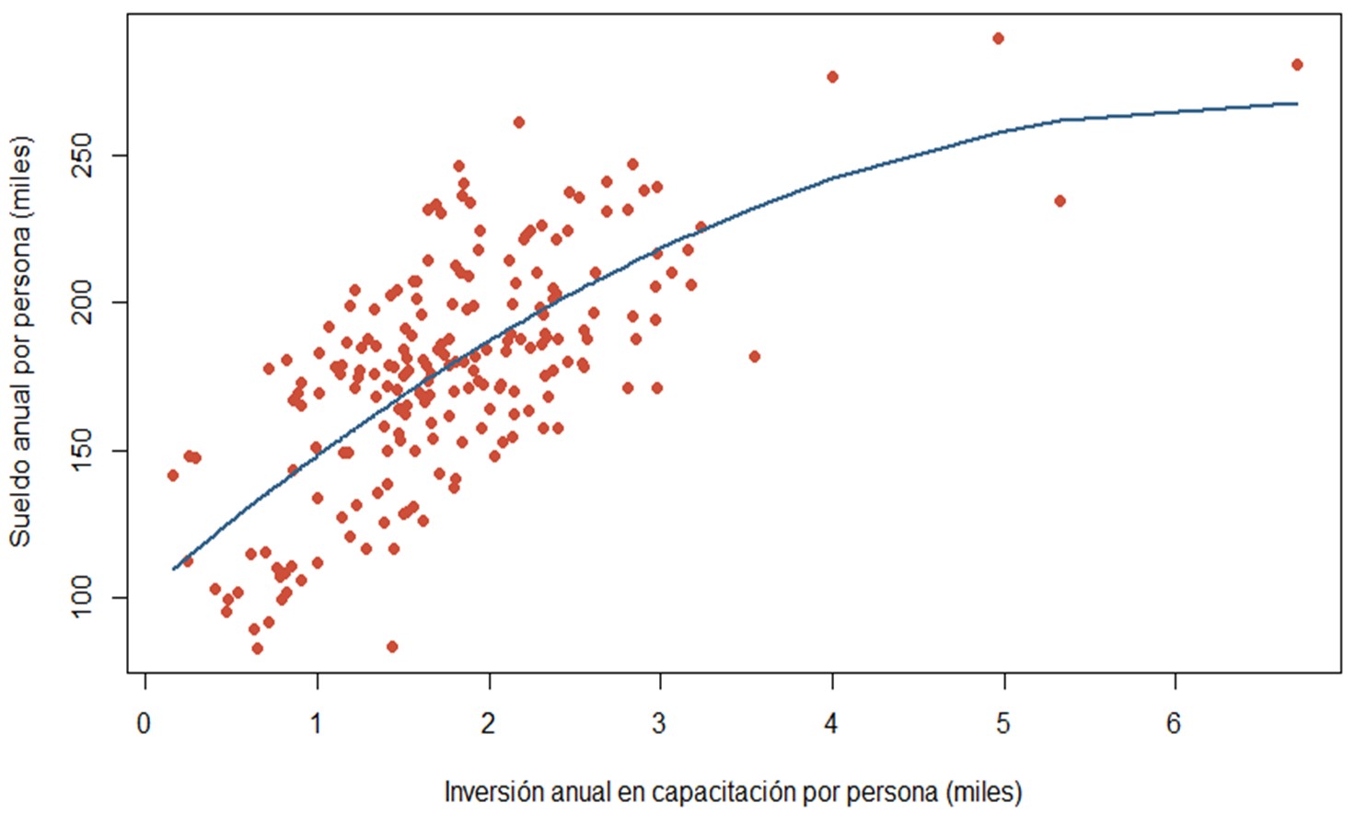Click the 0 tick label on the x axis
pyautogui.click(x=144, y=724)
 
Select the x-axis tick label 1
pyautogui.click(x=316, y=724)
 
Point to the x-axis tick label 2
pyautogui.click(x=488, y=724)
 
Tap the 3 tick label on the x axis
pyautogui.click(x=659, y=724)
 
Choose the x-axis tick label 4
pyautogui.click(x=831, y=724)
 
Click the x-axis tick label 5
pyautogui.click(x=1002, y=724)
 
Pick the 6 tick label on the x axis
pyautogui.click(x=1174, y=724)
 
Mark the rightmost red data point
pyautogui.click(x=1297, y=64)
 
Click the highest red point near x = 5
pyautogui.click(x=998, y=39)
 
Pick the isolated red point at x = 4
pyautogui.click(x=832, y=77)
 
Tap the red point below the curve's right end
pyautogui.click(x=1060, y=201)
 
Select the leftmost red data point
pyautogui.click(x=172, y=476)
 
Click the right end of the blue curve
pyautogui.click(x=1297, y=104)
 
